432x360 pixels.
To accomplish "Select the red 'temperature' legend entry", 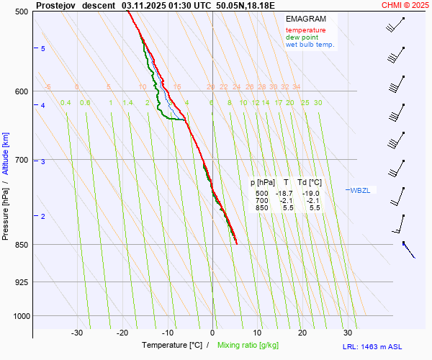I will (305, 30).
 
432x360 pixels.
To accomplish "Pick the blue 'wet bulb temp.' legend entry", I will (310, 45).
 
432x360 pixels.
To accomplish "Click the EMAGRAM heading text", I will (305, 19).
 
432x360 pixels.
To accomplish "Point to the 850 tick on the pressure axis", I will (22, 245).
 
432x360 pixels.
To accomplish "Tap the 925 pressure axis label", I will (22, 282).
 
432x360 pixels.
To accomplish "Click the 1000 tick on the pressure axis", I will (20, 316).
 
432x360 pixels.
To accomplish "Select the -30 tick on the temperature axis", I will (77, 333).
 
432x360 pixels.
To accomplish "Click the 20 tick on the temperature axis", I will (302, 333).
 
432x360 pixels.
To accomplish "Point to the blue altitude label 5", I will (43, 48).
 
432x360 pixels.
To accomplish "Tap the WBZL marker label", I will (360, 190).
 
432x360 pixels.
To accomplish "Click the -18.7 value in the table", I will (286, 194).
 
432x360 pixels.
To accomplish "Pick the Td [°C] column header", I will (310, 183).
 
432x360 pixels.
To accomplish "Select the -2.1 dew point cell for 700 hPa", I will (311, 201).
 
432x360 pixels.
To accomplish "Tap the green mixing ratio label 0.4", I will (66, 103).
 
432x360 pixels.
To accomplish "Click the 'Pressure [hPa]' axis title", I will (6, 216).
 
